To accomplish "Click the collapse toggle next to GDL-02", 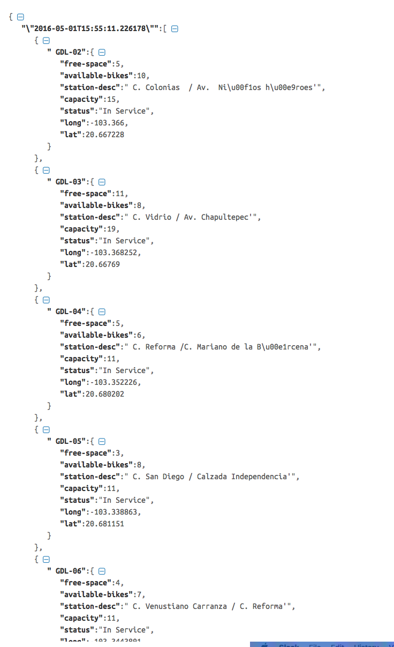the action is pos(102,52).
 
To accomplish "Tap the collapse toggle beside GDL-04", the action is pos(102,311).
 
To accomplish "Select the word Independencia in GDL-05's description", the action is pos(259,477).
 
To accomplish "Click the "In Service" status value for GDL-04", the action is pos(126,370).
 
